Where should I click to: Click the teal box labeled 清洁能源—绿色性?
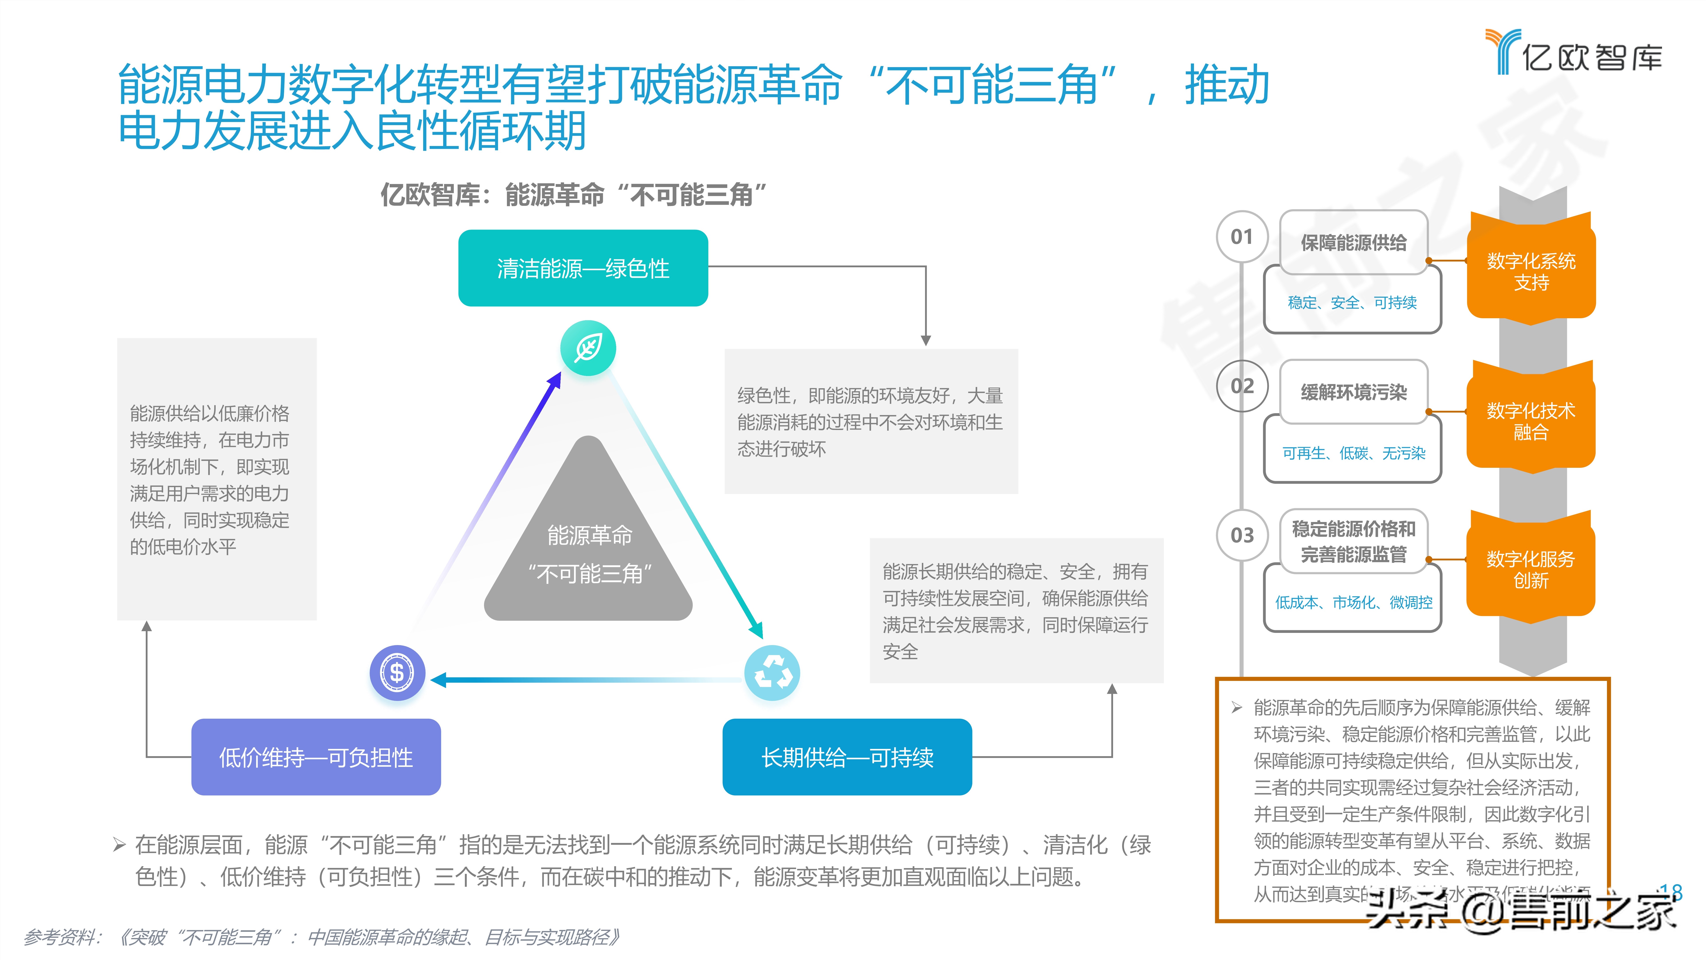click(x=583, y=268)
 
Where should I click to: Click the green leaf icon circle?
click(x=588, y=348)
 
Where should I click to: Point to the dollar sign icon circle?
click(x=397, y=673)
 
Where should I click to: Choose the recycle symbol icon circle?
click(x=772, y=673)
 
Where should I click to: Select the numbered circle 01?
click(x=1242, y=236)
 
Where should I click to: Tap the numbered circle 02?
click(x=1242, y=386)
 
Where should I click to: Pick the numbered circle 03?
click(x=1242, y=535)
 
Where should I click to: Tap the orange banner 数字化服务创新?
click(x=1531, y=570)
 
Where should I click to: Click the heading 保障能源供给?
click(x=1353, y=242)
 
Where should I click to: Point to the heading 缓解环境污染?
click(x=1353, y=392)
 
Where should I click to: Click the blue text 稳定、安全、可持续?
click(x=1352, y=303)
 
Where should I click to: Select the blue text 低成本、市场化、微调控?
click(x=1353, y=602)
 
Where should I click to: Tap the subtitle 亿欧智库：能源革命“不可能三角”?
click(x=574, y=195)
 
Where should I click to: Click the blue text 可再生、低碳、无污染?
click(x=1353, y=453)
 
